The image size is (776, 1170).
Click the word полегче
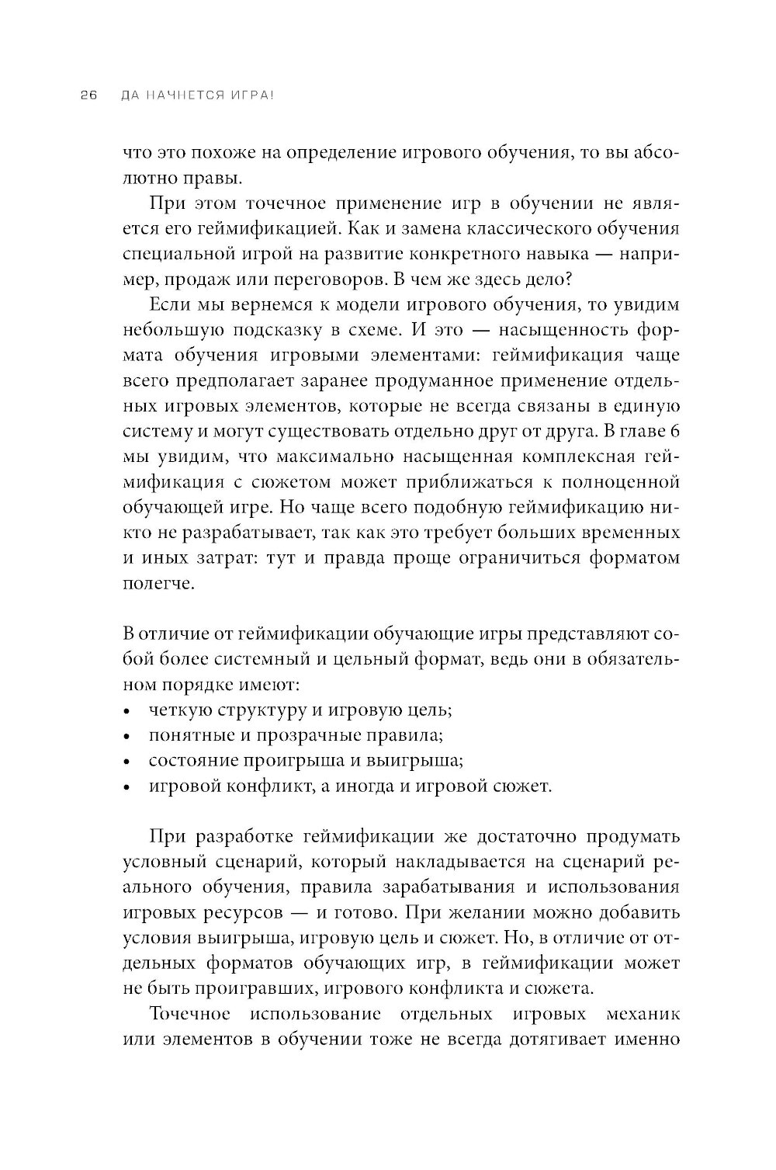(x=153, y=584)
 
